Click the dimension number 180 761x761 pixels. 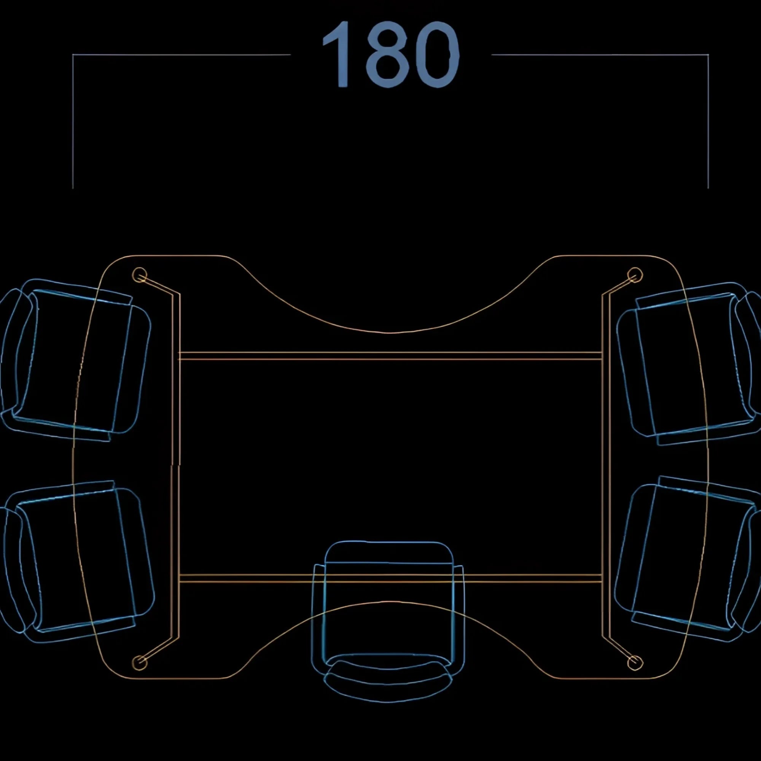(391, 54)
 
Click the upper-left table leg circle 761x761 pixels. (139, 275)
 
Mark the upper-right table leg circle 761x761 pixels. (635, 275)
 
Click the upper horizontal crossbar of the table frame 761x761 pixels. (390, 356)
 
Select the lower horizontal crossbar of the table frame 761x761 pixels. (390, 578)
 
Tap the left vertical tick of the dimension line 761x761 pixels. (73, 122)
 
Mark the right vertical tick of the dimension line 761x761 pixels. (708, 122)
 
